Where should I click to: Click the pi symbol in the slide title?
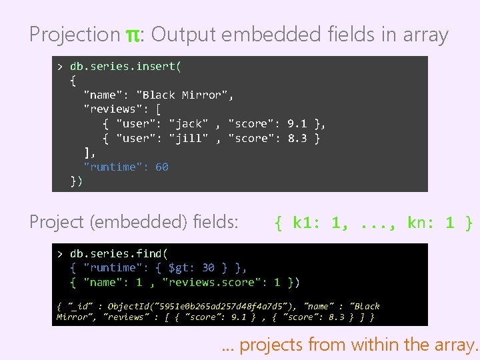pos(132,35)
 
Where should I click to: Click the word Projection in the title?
pos(74,35)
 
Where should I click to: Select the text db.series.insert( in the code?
pos(126,66)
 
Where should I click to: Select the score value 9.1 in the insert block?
pos(297,123)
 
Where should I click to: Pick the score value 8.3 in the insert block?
pos(297,138)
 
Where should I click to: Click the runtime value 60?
pos(162,167)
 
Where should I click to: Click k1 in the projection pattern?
pos(303,223)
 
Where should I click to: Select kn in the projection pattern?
pos(418,223)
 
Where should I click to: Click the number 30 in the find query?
pos(208,267)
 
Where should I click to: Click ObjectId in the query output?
pos(128,306)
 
